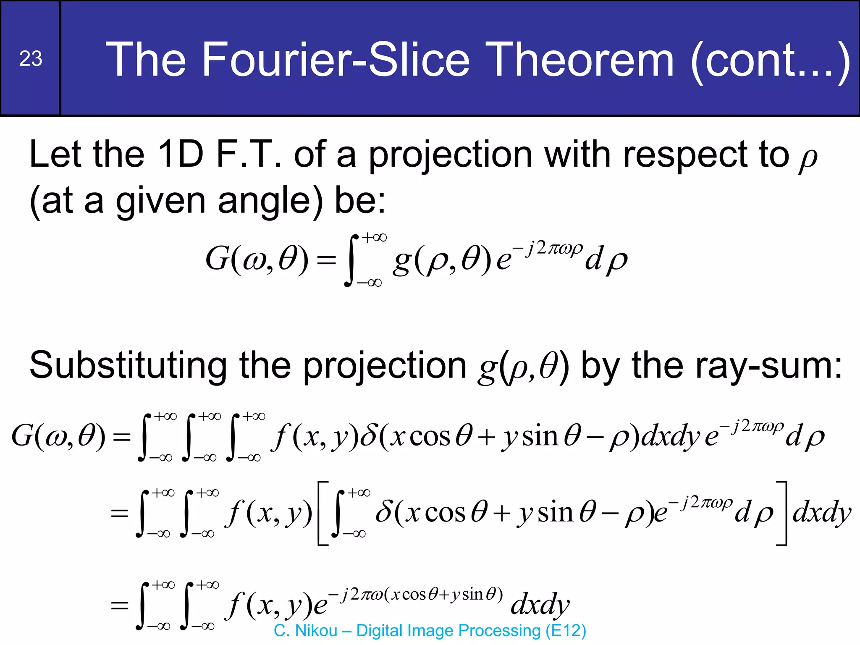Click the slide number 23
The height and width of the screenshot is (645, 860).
[31, 59]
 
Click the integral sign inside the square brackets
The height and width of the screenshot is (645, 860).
[338, 513]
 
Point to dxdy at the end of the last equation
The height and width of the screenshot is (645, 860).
[540, 605]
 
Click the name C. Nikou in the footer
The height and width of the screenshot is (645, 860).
[305, 631]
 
